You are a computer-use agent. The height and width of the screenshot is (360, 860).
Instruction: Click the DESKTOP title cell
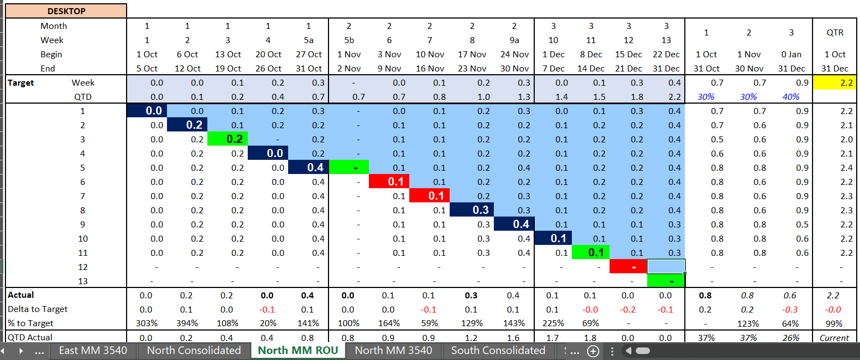coord(66,11)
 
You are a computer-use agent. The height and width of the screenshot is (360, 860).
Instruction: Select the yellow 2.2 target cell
coord(834,82)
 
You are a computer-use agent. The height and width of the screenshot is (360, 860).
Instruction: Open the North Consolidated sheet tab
coord(194,351)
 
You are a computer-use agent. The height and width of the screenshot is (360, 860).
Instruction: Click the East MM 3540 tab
coord(93,351)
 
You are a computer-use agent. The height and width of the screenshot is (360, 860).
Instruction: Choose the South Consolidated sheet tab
coord(498,351)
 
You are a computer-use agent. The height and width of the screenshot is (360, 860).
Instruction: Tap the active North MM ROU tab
coord(298,351)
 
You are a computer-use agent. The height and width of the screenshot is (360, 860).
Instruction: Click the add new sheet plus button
coord(593,351)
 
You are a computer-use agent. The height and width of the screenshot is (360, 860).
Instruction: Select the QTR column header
coord(834,33)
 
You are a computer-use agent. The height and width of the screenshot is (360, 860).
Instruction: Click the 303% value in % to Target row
coord(147,323)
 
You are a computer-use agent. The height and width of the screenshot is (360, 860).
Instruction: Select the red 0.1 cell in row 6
coord(389,182)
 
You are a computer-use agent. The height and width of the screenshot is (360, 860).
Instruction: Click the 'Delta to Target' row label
coord(38,309)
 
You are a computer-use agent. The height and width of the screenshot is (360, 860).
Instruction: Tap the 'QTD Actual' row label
coord(30,338)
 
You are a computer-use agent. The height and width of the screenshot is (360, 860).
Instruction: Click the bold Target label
coord(21,83)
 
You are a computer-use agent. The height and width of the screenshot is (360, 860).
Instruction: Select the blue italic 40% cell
coord(791,97)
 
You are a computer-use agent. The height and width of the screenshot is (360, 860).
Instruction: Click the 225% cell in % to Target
coord(553,323)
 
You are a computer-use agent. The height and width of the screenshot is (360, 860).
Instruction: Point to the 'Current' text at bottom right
coord(834,338)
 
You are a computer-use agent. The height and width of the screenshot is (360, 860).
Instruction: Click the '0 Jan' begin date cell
coord(791,55)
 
